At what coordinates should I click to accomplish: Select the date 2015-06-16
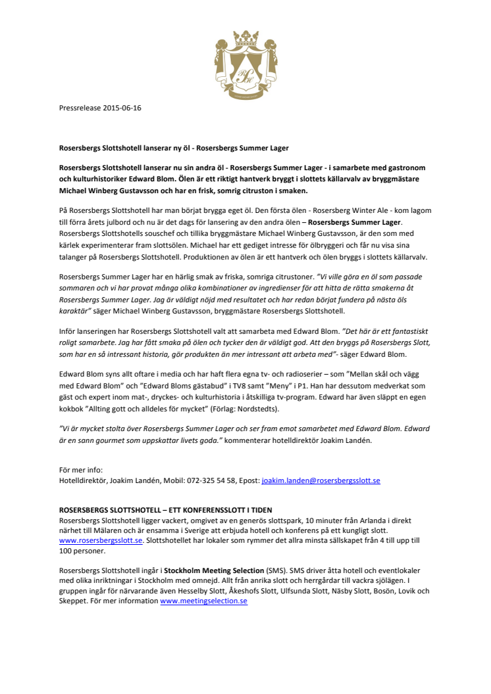click(x=122, y=108)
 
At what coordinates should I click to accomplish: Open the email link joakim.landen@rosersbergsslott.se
click(x=321, y=480)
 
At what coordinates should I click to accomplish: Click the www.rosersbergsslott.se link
click(x=101, y=540)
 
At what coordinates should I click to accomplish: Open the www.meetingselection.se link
click(x=203, y=601)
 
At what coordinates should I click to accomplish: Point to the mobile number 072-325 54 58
click(x=206, y=480)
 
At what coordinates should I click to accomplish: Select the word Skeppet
click(x=74, y=601)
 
